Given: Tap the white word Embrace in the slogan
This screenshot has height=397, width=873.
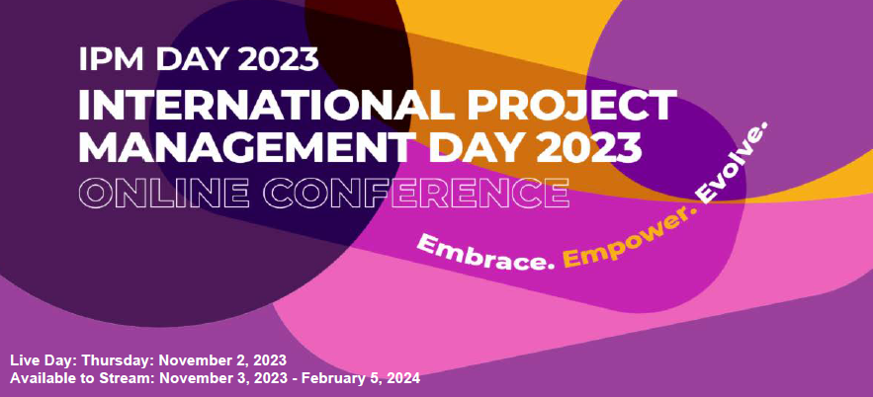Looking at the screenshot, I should tap(483, 253).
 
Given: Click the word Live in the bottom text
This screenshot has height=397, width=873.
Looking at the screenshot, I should tap(25, 359).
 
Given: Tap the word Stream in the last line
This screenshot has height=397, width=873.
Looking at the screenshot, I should tap(132, 378).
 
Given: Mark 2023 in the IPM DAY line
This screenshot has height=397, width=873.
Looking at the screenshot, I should tap(278, 60).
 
